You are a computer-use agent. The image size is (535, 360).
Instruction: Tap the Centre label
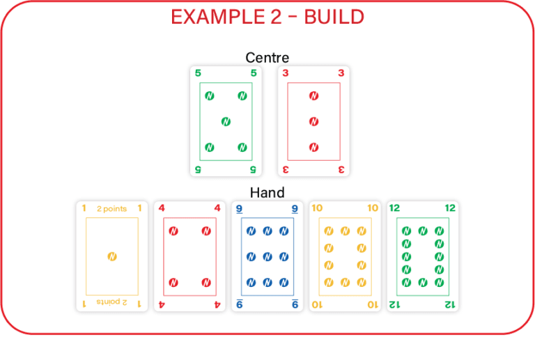click(267, 58)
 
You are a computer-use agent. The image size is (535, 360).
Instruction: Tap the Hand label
click(267, 193)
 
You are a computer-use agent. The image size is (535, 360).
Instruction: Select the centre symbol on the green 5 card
click(226, 122)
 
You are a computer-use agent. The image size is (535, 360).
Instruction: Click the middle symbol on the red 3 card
click(313, 122)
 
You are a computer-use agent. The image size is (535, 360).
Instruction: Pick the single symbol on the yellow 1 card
click(111, 257)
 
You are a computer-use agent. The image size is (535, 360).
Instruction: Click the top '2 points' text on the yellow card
click(111, 209)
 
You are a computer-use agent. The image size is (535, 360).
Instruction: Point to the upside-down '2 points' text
click(111, 303)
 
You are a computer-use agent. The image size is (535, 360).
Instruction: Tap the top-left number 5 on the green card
click(198, 72)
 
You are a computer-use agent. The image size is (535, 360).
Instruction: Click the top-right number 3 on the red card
click(341, 72)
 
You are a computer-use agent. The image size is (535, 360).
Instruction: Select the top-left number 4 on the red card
click(162, 208)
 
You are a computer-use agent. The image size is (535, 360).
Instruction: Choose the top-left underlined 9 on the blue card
click(239, 208)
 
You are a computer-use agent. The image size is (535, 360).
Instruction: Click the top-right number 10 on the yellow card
click(373, 208)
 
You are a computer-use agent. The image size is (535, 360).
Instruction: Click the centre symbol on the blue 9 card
click(267, 257)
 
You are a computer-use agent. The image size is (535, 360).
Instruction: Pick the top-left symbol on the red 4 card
click(173, 231)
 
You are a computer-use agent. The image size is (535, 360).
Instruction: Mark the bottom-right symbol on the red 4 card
click(206, 282)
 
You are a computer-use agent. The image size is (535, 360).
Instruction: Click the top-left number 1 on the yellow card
click(84, 208)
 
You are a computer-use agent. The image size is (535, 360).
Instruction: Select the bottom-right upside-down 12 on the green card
click(450, 304)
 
